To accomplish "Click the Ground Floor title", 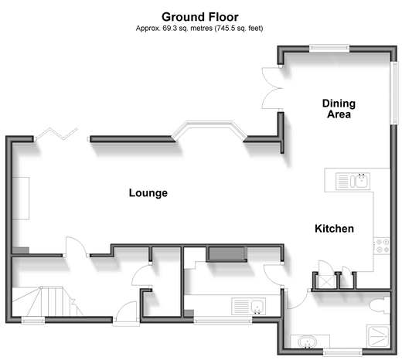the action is [x=200, y=17].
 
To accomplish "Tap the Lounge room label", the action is [x=148, y=193].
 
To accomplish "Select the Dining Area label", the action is [x=339, y=109].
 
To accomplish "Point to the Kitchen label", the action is [x=334, y=229].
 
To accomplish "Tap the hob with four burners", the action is [x=382, y=246].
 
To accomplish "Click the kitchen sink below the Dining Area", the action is [x=353, y=181].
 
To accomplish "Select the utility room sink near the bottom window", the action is [x=249, y=306].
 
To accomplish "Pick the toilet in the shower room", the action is [x=380, y=306].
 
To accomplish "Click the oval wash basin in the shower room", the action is [x=308, y=342].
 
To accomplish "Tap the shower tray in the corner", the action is [x=378, y=336].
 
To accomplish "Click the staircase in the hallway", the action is [x=48, y=301].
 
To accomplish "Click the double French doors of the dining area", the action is [x=272, y=88].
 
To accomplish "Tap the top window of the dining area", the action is [x=329, y=48].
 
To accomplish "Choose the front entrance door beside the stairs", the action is [x=126, y=312].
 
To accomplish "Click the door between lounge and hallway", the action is [x=77, y=246].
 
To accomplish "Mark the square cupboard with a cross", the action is [x=325, y=281].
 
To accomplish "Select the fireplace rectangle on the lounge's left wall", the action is [x=21, y=199].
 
